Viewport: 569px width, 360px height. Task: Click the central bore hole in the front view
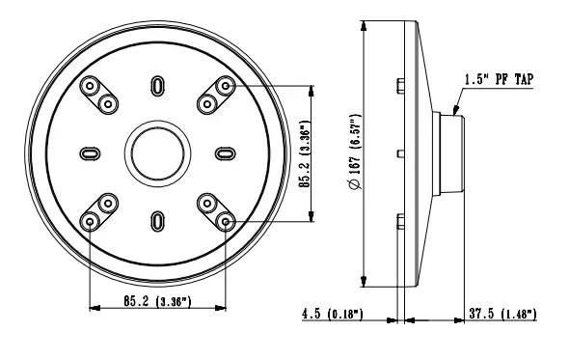tap(156, 153)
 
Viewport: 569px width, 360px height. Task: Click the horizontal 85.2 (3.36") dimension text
tap(156, 302)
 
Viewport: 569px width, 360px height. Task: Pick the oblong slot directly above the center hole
tap(156, 87)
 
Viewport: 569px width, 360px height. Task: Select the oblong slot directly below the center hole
tap(156, 221)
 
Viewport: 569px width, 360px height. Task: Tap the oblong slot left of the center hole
tap(89, 153)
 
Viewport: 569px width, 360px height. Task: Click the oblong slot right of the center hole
tap(224, 153)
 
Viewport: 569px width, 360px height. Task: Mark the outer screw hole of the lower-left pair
tap(90, 221)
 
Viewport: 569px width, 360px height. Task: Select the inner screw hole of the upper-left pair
tap(108, 103)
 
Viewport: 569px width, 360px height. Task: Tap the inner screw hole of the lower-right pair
tap(205, 203)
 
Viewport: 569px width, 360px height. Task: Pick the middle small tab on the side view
tap(399, 153)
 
